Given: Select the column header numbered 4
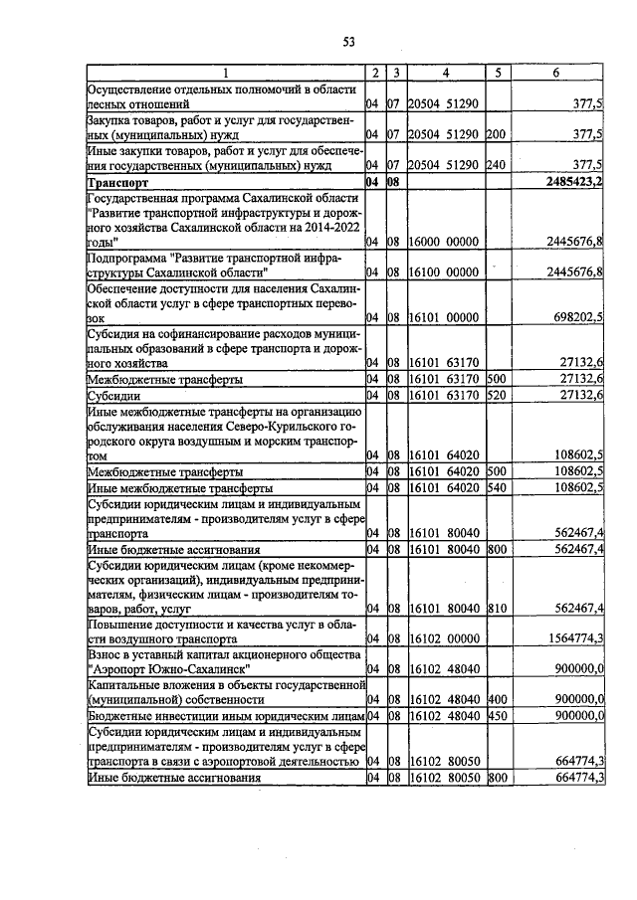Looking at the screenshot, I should point(446,74).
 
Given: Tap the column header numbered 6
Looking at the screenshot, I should point(555,74).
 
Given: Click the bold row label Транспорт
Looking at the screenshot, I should point(117,184).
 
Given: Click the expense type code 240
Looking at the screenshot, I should point(497,166).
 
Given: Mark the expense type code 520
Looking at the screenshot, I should point(497,397).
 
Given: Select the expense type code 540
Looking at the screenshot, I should point(497,488).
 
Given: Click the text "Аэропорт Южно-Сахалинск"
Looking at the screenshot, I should point(169,668).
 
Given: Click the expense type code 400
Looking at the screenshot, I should point(497,699).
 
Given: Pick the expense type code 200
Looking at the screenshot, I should point(497,133).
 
